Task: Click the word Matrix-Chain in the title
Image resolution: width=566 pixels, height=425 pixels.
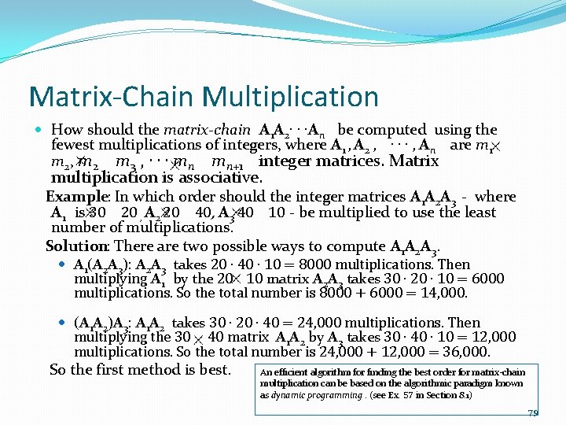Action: coord(112,97)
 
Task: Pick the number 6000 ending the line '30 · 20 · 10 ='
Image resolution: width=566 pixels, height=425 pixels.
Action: coord(487,279)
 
